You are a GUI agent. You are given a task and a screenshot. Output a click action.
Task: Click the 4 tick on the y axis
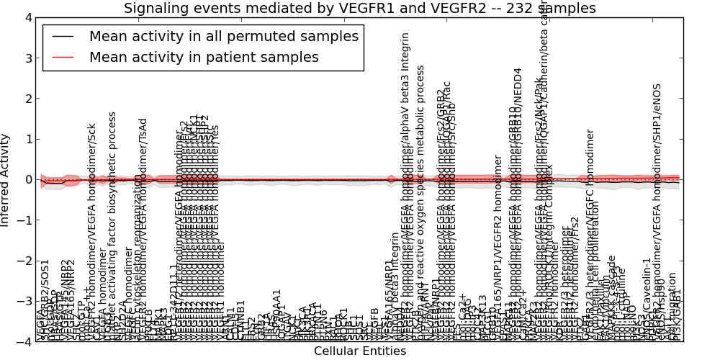pos(27,18)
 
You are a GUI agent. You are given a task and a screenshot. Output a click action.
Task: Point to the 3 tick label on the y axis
pos(27,58)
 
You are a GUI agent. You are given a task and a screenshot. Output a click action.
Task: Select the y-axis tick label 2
pos(27,99)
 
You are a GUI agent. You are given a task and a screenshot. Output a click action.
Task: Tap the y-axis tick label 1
pos(27,139)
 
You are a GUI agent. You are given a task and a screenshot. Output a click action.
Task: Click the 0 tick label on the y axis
pos(27,180)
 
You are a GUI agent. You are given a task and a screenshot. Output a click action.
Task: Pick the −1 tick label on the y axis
pos(24,220)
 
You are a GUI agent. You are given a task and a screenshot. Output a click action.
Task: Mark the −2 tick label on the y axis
pos(24,261)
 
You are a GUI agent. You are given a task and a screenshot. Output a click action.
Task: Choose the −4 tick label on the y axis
pos(24,341)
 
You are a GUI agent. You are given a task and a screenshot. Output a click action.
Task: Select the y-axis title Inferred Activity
pos(6,180)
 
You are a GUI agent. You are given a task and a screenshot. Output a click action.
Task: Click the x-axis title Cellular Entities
pos(360,351)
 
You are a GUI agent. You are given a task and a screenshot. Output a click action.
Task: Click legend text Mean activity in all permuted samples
pos(223,37)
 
